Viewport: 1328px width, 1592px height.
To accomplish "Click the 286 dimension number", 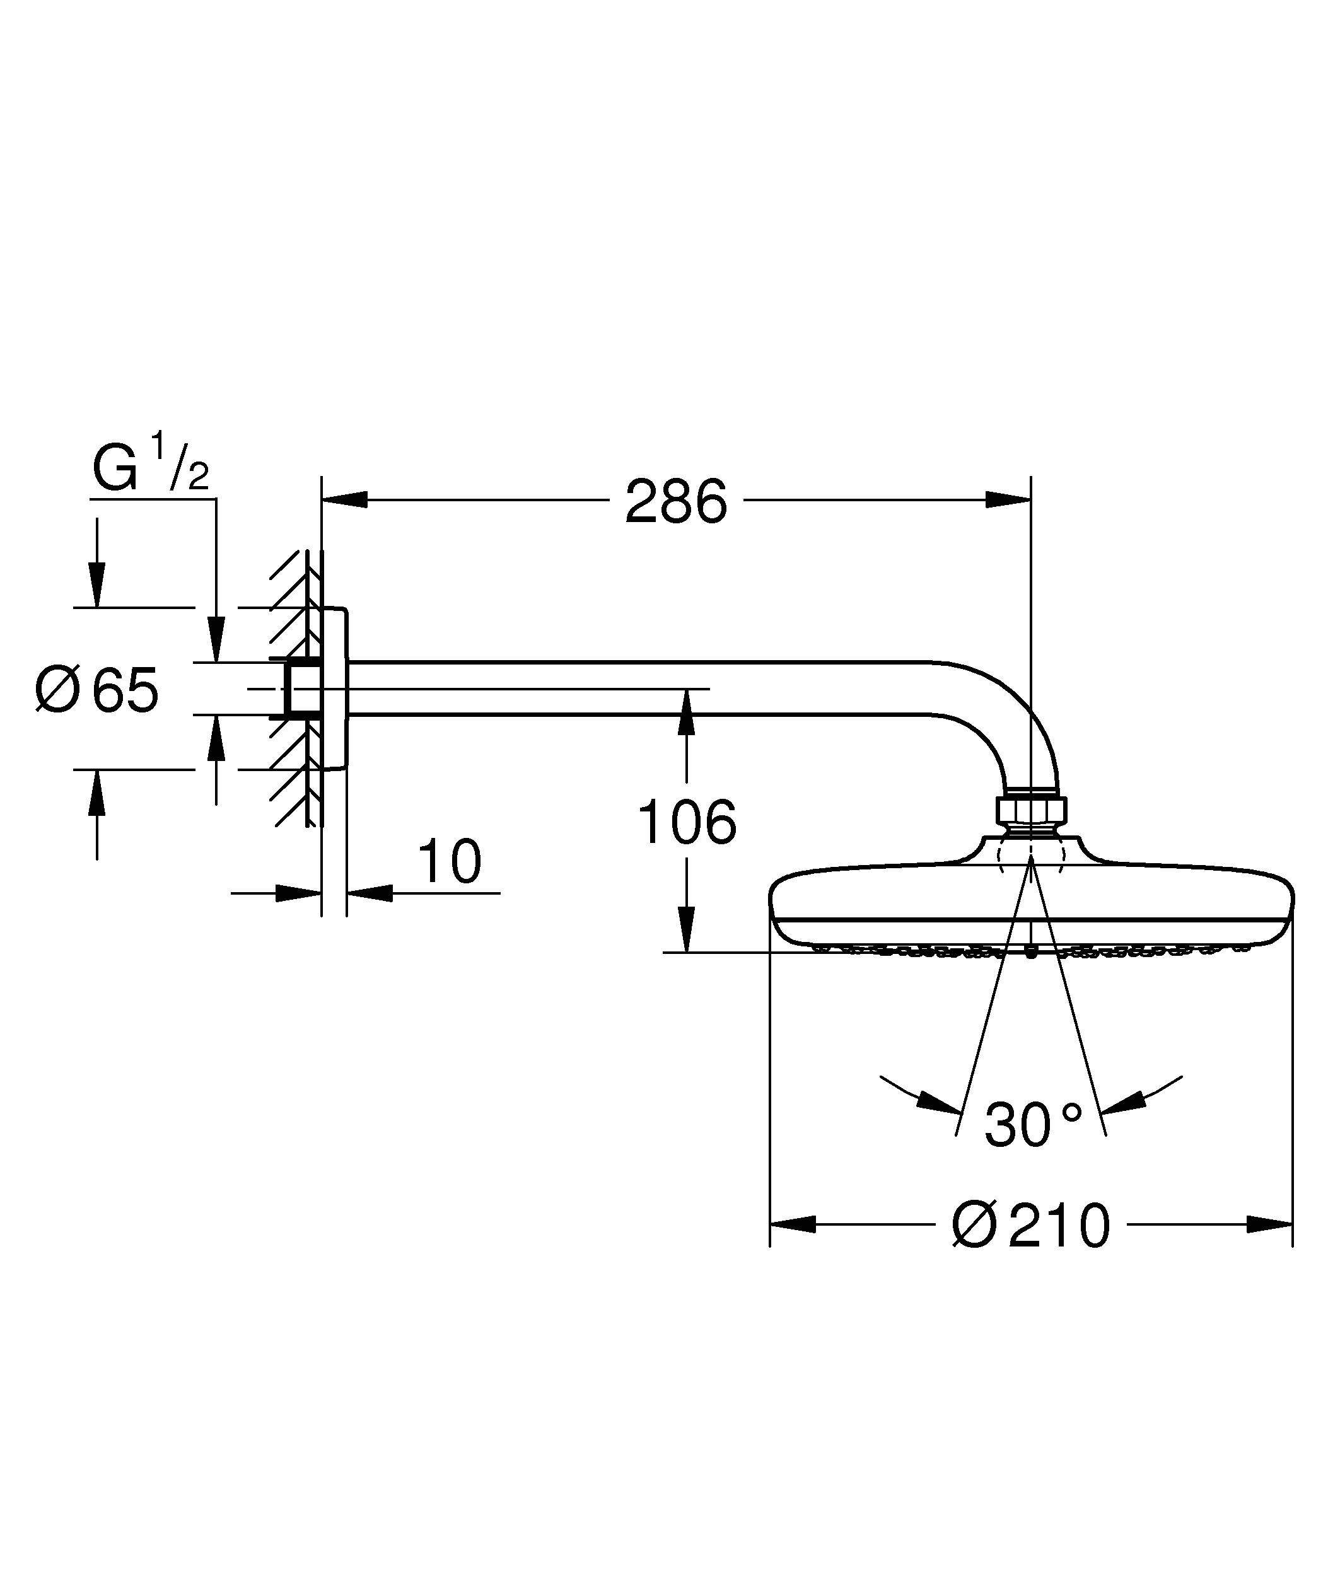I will pos(675,502).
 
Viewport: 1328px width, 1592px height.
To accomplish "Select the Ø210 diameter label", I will pos(1031,1225).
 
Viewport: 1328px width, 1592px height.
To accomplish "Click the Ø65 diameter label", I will pos(97,690).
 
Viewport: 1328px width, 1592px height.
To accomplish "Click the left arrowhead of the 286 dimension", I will pos(345,499).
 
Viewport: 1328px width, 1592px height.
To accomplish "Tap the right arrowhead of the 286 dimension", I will pos(1008,499).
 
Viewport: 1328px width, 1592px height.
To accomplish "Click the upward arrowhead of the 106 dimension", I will pos(687,712).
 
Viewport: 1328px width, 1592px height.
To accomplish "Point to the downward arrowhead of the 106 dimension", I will pos(687,929).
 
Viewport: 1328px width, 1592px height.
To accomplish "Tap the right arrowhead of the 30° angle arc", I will pos(1123,1103).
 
